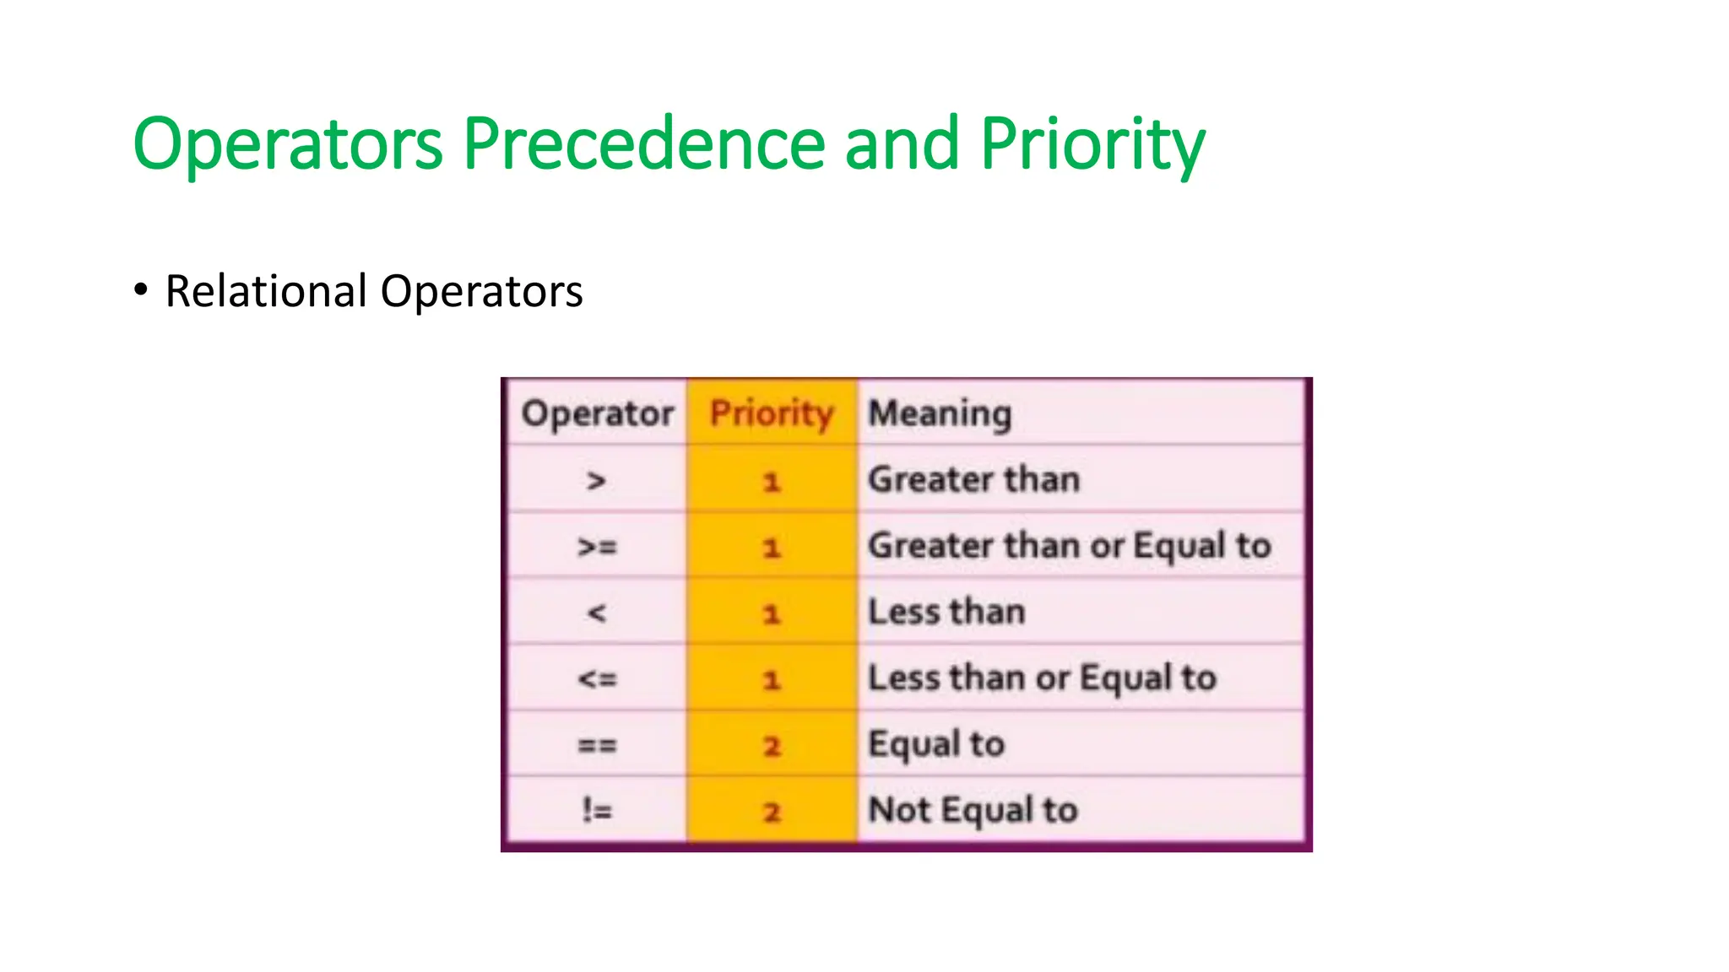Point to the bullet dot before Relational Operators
coord(141,289)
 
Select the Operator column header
coord(597,413)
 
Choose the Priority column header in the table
coord(772,413)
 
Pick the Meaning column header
coord(940,413)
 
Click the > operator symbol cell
coord(597,481)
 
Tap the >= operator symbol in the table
coord(597,547)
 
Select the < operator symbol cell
coord(597,613)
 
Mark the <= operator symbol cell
coord(597,678)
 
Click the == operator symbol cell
coord(597,745)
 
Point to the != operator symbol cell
coord(597,811)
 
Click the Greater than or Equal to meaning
coord(1070,546)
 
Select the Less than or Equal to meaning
coord(1042,678)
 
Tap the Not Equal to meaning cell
coord(973,811)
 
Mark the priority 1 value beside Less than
coord(772,613)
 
